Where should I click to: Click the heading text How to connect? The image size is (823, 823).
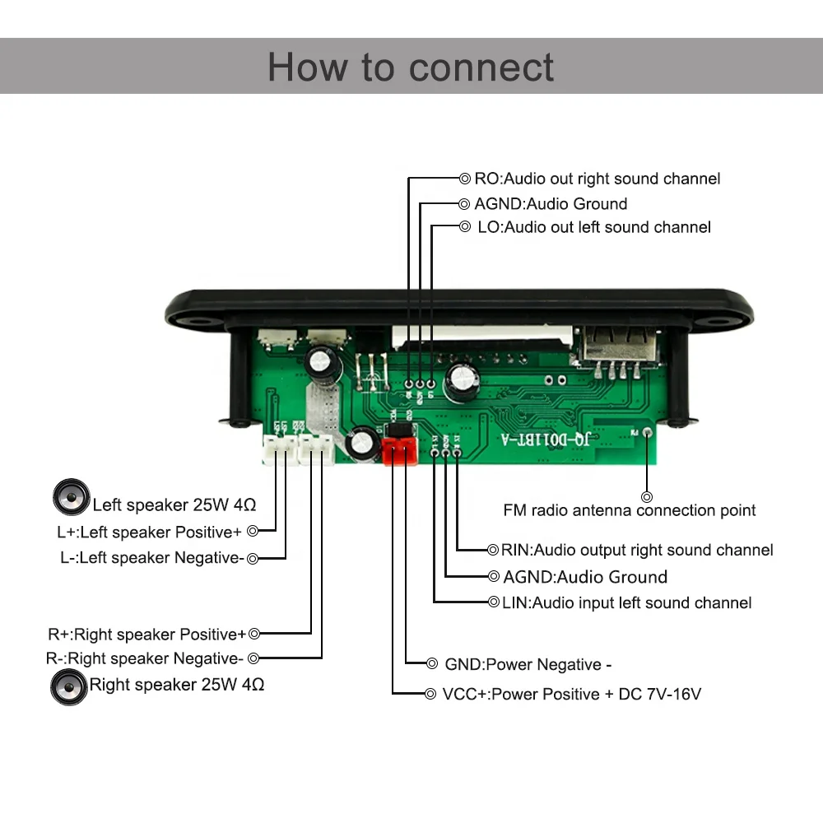click(411, 67)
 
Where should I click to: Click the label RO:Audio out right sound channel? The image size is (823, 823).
click(597, 179)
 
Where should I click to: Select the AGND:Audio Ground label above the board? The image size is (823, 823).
click(551, 204)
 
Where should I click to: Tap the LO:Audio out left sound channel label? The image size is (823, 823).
click(594, 227)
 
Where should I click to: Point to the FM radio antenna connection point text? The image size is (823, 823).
click(630, 510)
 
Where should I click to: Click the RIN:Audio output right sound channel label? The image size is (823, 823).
click(637, 550)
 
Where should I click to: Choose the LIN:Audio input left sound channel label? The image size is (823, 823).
click(626, 603)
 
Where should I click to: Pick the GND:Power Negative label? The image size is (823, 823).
click(528, 665)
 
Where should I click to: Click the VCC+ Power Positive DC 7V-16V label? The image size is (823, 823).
click(571, 695)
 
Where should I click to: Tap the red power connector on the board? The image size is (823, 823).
click(399, 450)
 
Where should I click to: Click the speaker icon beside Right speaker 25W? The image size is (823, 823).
click(68, 686)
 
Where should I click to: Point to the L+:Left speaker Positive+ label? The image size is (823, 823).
click(149, 532)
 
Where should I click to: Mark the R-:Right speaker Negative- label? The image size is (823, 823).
click(144, 658)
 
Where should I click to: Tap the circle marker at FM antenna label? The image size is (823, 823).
click(647, 496)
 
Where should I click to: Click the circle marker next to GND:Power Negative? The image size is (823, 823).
click(432, 663)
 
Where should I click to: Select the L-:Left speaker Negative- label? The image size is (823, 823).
click(151, 558)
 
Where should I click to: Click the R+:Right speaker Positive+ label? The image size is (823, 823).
click(146, 635)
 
